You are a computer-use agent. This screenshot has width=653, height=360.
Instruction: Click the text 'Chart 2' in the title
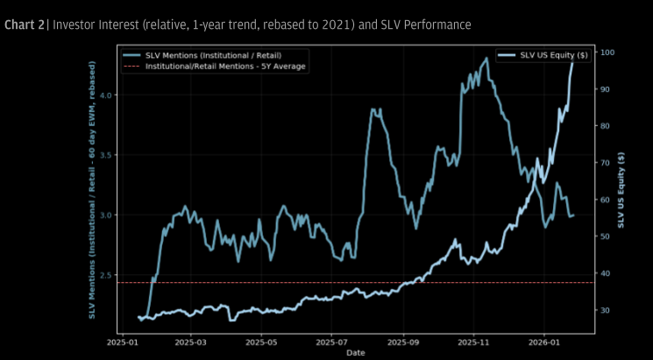click(x=24, y=24)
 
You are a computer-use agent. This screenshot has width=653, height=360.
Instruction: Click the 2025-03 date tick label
click(x=190, y=343)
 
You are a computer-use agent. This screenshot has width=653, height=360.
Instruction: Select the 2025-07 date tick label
click(x=332, y=343)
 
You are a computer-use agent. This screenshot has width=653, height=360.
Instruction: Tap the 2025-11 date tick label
click(x=474, y=343)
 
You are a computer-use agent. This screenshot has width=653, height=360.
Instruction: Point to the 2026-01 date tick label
click(x=544, y=343)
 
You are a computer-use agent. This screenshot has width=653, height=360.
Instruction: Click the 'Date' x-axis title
click(x=356, y=353)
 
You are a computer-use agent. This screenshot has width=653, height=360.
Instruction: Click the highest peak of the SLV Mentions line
click(x=486, y=59)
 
